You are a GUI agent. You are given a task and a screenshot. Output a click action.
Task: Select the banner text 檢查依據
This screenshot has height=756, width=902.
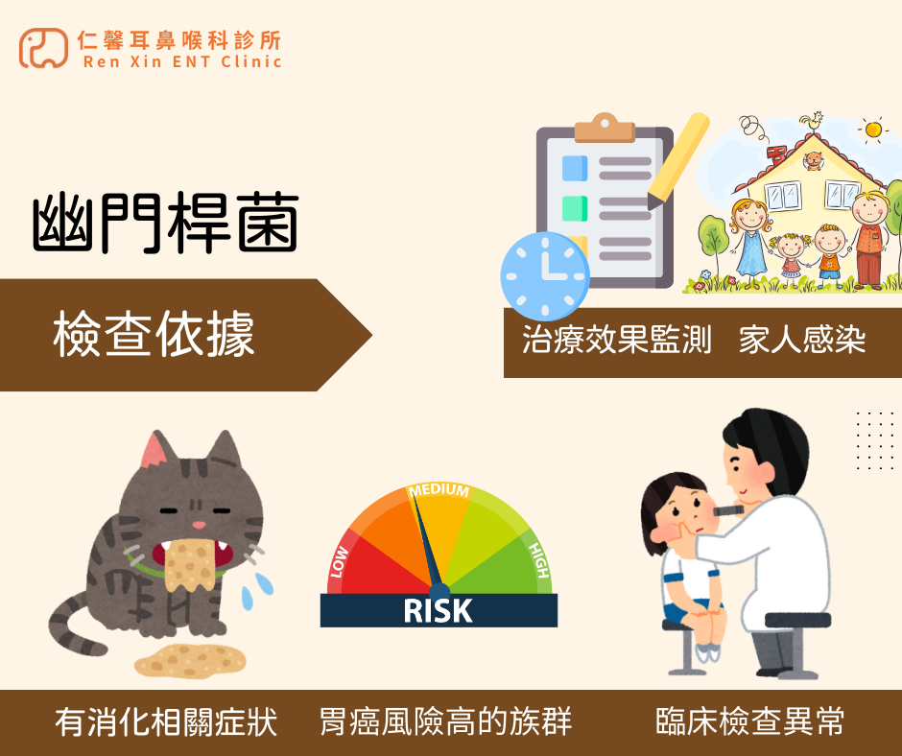click(x=154, y=336)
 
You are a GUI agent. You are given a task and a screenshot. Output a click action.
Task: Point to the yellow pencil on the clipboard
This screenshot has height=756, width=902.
click(x=679, y=159)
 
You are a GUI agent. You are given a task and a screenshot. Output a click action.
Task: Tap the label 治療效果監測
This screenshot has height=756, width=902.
click(x=617, y=341)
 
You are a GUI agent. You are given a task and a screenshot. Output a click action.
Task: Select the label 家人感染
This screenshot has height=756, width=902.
click(x=802, y=341)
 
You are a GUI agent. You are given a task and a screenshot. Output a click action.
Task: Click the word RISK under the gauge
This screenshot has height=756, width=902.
click(x=439, y=610)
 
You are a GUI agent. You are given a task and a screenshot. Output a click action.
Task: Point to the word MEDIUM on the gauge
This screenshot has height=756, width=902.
click(x=439, y=490)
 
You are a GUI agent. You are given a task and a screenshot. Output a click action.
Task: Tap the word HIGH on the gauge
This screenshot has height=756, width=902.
click(x=538, y=561)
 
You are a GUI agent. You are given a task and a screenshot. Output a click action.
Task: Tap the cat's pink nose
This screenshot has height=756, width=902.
click(x=197, y=525)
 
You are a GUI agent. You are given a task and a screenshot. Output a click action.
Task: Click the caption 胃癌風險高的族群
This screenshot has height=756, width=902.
click(x=445, y=722)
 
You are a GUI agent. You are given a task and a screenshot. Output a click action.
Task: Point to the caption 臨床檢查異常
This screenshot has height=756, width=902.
click(x=750, y=722)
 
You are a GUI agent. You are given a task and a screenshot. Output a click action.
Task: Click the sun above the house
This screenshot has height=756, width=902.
click(x=872, y=130)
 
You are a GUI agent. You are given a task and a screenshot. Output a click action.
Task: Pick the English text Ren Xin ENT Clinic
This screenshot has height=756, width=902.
click(x=182, y=62)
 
